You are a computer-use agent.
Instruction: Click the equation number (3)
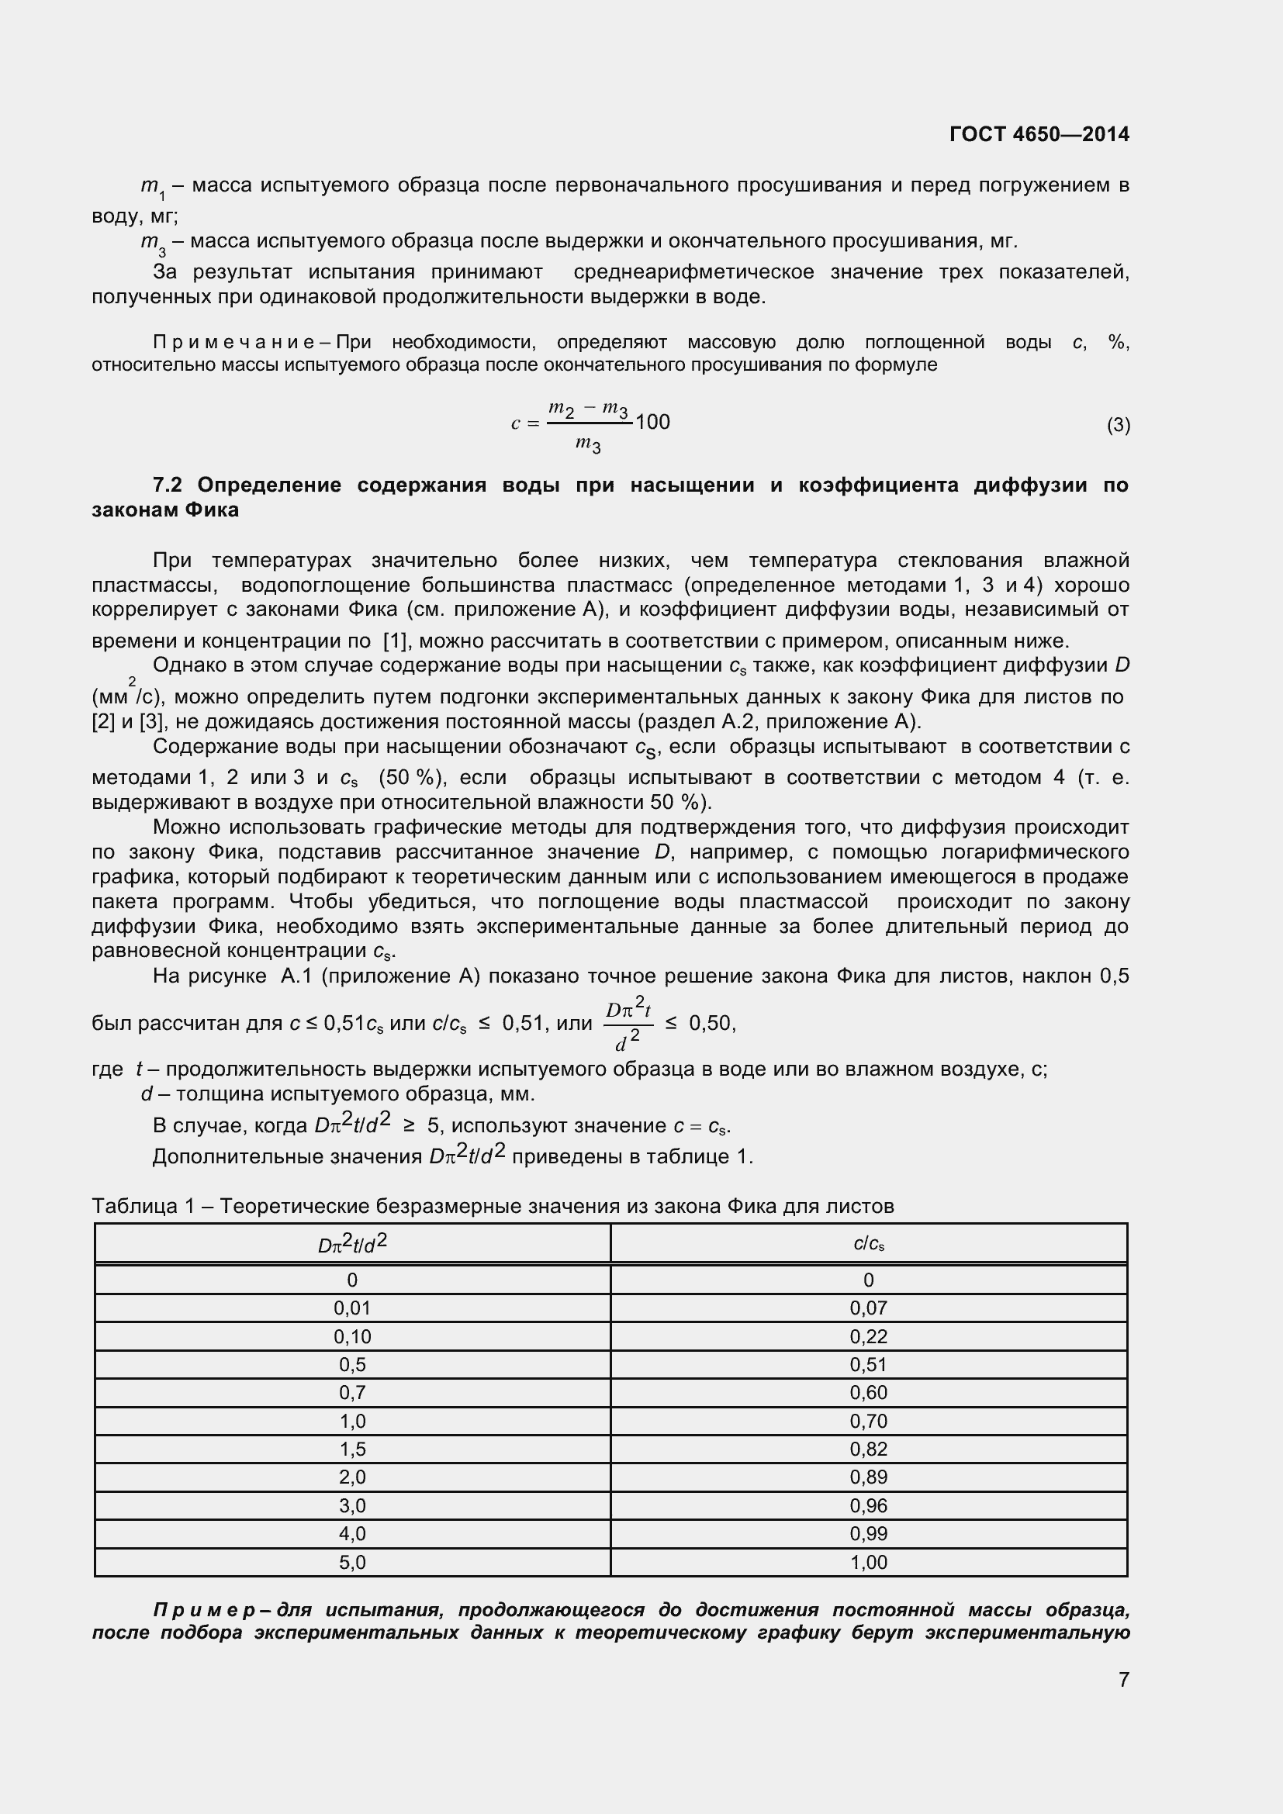pos(1118,425)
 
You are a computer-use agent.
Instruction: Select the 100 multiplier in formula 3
pos(652,422)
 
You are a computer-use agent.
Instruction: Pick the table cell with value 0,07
pos(868,1308)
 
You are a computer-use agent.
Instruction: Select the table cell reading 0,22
pos(868,1337)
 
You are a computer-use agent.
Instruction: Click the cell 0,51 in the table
pos(868,1364)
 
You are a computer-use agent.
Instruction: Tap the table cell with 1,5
pos(352,1449)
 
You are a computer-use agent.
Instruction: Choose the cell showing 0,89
pos(868,1477)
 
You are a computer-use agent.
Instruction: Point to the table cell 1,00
pos(868,1562)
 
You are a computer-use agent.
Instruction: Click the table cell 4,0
pos(352,1533)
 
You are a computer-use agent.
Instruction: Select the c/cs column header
pos(868,1243)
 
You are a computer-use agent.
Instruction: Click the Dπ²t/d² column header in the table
pos(352,1243)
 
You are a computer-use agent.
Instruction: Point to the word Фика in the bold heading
pos(212,510)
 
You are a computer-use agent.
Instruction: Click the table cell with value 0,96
pos(868,1506)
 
